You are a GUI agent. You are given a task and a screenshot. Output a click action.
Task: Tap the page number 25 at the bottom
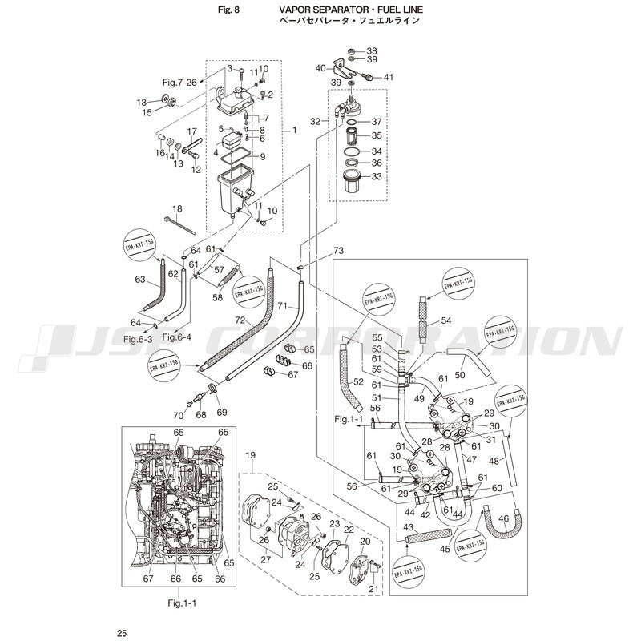tap(122, 634)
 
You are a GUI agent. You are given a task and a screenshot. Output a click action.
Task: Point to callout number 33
tap(377, 177)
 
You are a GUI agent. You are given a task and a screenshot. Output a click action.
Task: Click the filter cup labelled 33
tap(353, 183)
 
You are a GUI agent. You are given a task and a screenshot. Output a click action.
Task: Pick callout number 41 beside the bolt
tap(389, 77)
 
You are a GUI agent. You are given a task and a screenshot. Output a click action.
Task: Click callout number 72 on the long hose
tap(239, 321)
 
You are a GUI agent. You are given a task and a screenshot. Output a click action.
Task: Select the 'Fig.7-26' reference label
tap(179, 82)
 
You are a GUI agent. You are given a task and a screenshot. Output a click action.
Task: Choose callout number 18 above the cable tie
tap(177, 208)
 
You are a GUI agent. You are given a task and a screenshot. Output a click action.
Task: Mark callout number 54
tap(445, 320)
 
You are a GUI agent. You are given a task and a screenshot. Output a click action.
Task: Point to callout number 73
tap(316, 252)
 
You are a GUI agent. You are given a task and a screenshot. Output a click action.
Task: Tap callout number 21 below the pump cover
tap(373, 589)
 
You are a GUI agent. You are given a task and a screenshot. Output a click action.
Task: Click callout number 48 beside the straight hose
tap(494, 461)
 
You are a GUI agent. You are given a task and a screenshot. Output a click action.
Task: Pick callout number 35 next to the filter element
tap(377, 136)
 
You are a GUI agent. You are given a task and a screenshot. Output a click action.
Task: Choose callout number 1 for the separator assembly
tap(294, 130)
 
